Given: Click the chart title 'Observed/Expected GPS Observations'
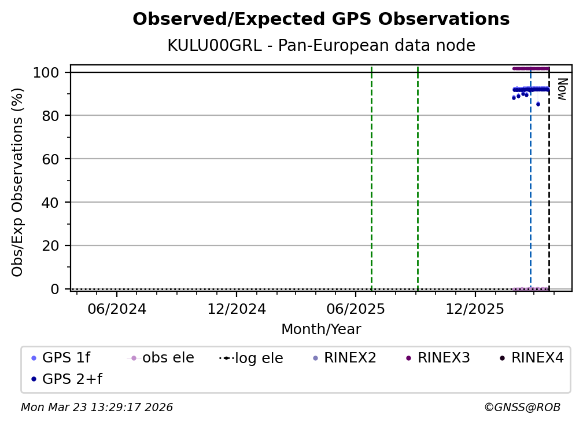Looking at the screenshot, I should point(321,20).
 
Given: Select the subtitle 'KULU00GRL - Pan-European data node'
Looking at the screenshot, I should point(321,46).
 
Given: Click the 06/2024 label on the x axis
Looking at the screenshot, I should point(117,309).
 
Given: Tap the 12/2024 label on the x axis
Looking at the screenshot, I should point(237,309).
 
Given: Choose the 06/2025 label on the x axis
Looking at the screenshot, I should point(356,309).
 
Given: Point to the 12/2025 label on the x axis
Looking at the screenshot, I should point(475,309).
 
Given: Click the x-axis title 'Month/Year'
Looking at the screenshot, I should point(321,329).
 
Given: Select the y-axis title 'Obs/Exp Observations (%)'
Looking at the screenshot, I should point(18,182).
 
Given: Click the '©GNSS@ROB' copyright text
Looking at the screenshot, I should point(522,408).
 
